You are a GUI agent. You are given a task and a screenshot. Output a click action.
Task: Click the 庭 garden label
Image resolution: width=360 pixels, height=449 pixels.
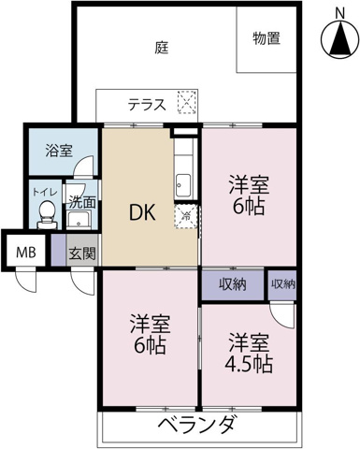[162, 45]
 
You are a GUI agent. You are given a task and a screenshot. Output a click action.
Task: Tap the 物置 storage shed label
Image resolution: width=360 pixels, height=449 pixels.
[267, 38]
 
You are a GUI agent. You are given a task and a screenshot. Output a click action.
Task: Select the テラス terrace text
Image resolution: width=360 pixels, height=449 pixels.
[148, 105]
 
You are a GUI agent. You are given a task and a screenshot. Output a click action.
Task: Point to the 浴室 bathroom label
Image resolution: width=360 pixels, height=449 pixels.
[60, 150]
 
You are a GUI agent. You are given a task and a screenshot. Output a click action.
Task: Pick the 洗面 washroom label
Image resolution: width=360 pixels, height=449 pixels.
[81, 200]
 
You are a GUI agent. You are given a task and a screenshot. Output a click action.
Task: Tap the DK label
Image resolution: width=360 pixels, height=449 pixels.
[143, 210]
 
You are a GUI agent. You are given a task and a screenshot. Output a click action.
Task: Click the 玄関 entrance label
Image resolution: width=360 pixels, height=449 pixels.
[81, 252]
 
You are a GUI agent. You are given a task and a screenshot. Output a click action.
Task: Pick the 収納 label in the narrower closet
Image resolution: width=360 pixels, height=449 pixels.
[283, 283]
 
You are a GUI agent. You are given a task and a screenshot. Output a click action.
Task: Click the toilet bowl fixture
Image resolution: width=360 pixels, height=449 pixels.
[45, 217]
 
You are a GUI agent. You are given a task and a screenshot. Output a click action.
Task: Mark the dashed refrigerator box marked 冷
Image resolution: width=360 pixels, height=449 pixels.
[184, 216]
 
